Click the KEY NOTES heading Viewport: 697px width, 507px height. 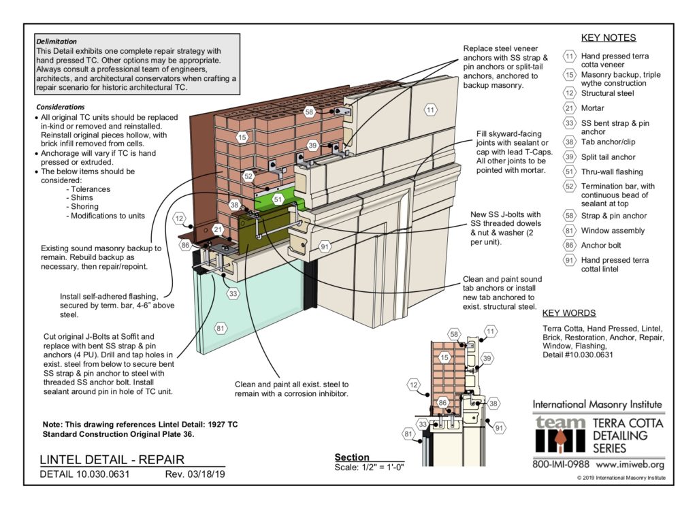(x=609, y=38)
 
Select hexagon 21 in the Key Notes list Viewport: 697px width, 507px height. (x=570, y=108)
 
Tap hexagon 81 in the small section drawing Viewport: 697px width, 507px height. (x=408, y=432)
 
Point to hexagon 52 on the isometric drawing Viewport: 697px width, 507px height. (x=248, y=176)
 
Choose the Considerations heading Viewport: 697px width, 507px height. (x=61, y=108)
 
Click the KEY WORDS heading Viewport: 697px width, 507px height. (x=569, y=313)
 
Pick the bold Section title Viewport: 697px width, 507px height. (x=352, y=457)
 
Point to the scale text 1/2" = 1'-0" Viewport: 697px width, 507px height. (x=369, y=468)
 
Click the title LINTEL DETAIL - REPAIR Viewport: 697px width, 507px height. (x=112, y=459)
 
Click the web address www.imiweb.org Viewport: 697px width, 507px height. (x=630, y=465)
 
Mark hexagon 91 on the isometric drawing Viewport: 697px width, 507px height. (x=325, y=246)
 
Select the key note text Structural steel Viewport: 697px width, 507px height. (x=607, y=93)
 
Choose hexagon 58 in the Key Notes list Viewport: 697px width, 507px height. (x=570, y=216)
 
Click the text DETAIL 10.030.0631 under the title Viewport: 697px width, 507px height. (x=85, y=474)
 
